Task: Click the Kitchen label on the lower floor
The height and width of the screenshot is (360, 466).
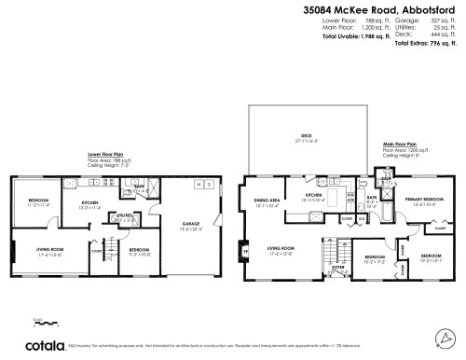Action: pyautogui.click(x=90, y=203)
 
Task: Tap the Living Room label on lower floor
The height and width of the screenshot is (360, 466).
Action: pyautogui.click(x=49, y=252)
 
